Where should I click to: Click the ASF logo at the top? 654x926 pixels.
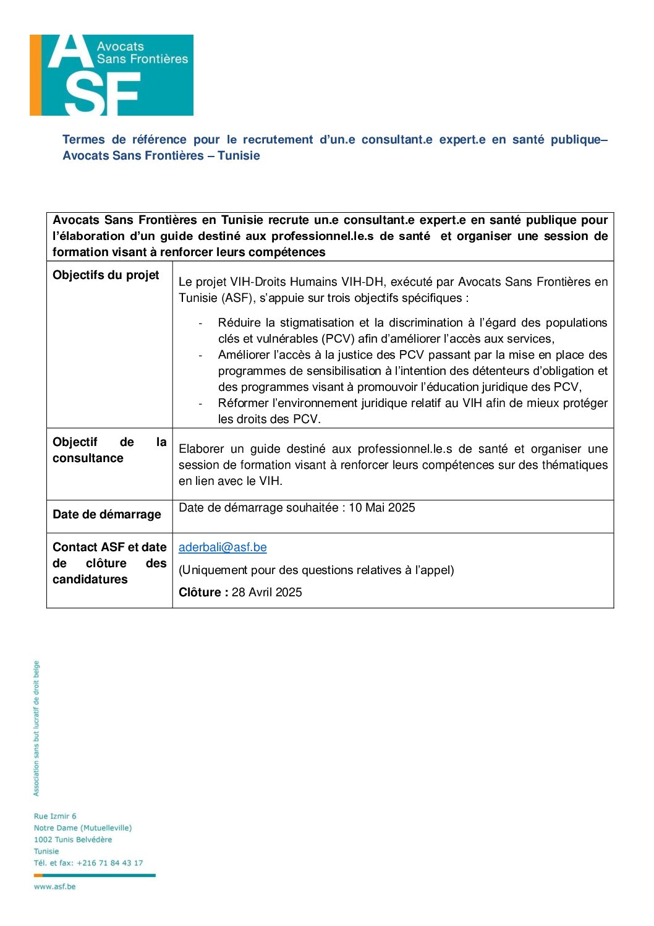(x=111, y=75)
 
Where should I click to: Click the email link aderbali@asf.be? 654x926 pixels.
(x=223, y=547)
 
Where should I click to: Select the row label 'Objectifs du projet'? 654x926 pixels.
(x=106, y=275)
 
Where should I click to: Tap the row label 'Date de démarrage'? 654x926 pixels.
(x=106, y=515)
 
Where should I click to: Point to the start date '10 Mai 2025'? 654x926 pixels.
(x=382, y=508)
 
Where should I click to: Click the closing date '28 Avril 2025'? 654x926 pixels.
(x=267, y=593)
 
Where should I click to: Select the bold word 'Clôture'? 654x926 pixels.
(x=200, y=593)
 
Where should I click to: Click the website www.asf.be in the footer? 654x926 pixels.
(x=54, y=886)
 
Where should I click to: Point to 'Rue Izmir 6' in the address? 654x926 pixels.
(x=55, y=817)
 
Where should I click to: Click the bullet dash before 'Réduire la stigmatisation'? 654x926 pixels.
(x=200, y=324)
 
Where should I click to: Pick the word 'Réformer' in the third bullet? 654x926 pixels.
(x=243, y=403)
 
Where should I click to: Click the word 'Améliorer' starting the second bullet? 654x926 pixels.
(x=245, y=355)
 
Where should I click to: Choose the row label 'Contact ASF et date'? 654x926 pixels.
(x=109, y=547)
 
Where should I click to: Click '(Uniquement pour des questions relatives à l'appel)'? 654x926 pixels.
(x=316, y=570)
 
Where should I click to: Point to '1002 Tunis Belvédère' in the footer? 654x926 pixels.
(x=73, y=840)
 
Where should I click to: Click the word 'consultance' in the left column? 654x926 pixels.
(x=88, y=458)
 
